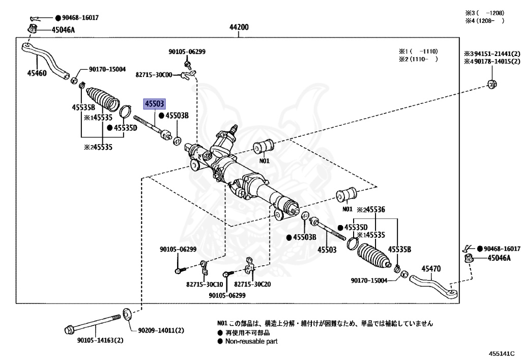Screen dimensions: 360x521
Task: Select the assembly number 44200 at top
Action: pos(239,28)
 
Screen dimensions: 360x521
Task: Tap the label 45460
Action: pos(37,73)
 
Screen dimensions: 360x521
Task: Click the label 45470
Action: pos(431,269)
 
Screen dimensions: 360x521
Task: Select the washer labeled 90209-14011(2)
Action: pos(126,312)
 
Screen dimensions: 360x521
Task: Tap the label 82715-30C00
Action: pos(154,75)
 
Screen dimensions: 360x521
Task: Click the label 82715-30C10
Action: pos(204,284)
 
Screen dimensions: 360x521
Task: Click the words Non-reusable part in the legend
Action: pos(251,341)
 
